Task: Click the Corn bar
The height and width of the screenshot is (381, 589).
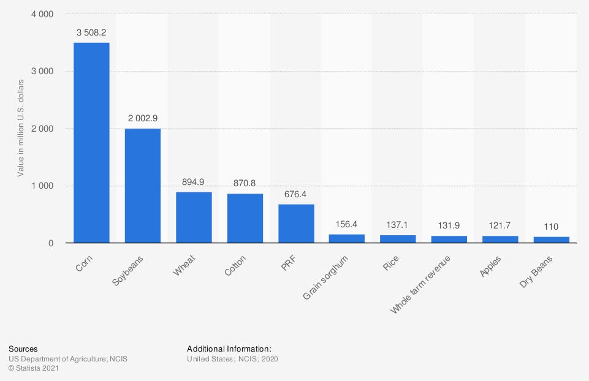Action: click(91, 143)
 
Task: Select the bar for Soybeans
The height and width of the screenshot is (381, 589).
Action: click(143, 186)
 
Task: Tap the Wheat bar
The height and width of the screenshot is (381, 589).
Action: click(194, 217)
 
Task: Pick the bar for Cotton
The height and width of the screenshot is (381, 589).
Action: click(245, 218)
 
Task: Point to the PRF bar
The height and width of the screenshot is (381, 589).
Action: click(296, 224)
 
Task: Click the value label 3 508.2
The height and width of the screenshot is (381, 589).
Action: click(91, 32)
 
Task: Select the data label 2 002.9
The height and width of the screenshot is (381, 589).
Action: click(143, 118)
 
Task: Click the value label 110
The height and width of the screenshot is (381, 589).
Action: click(552, 226)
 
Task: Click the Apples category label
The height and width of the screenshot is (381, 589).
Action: click(491, 266)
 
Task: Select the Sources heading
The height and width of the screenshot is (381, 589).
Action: click(23, 349)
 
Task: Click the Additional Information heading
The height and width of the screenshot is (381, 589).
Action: click(229, 349)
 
